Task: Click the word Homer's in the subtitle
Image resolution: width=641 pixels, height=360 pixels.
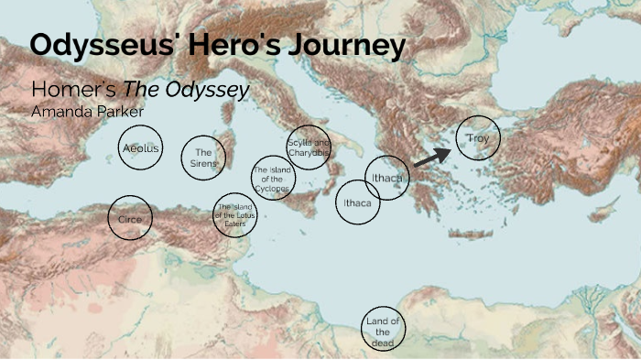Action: coord(66,91)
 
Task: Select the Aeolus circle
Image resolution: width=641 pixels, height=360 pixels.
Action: coord(140,148)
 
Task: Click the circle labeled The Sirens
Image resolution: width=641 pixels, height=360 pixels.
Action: coord(203,158)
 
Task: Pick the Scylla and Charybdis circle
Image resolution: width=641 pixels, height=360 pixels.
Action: coord(308,148)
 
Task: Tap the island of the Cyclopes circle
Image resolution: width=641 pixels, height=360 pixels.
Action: coord(274,179)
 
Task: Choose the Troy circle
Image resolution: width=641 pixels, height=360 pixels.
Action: coord(478,139)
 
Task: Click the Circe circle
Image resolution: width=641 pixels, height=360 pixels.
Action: coord(130,218)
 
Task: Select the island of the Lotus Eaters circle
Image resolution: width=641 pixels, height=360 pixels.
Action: coord(234,215)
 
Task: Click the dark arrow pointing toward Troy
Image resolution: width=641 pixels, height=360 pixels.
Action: coord(431,158)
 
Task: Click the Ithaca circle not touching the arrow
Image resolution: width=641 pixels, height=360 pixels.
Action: coord(357,203)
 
